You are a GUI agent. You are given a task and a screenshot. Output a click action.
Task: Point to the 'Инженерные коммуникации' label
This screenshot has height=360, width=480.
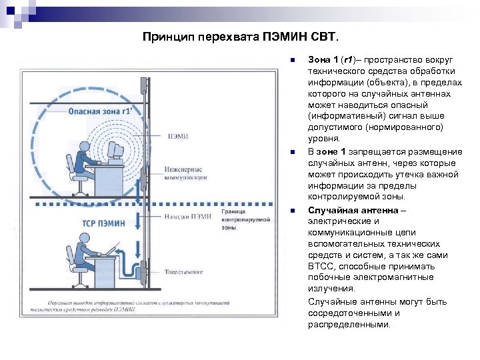[185, 173]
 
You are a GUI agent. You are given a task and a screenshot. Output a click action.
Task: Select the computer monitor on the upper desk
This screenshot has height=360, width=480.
[115, 153]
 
